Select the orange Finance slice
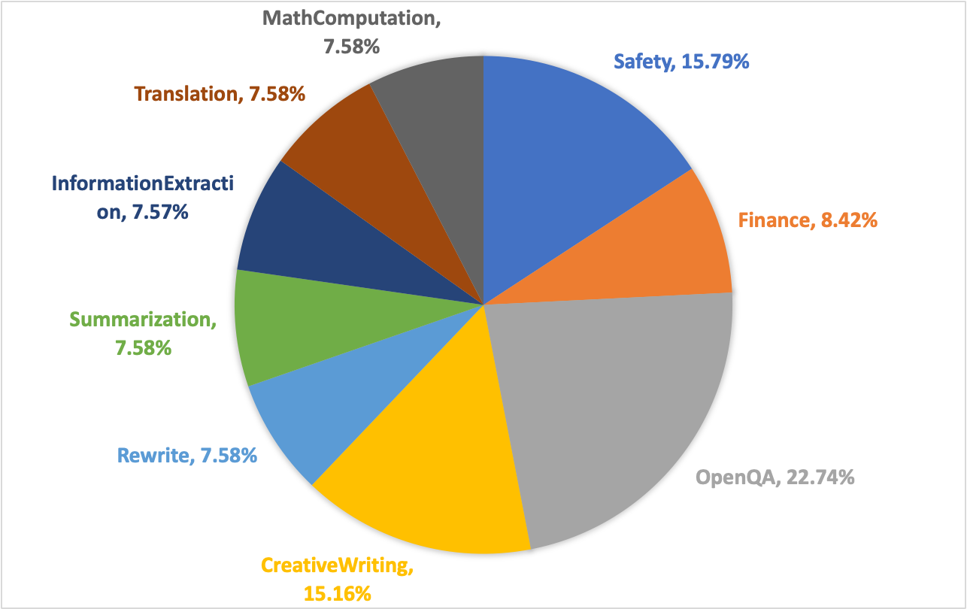[x=662, y=248]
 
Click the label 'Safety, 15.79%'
[x=681, y=61]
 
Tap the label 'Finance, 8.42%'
[x=807, y=220]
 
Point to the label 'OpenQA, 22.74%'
[x=775, y=477]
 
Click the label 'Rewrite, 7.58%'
[x=187, y=455]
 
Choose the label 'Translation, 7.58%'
[x=219, y=94]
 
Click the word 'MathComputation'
[x=351, y=19]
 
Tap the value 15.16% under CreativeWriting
[x=338, y=593]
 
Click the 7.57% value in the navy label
[x=159, y=213]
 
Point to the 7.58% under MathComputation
[x=351, y=47]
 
